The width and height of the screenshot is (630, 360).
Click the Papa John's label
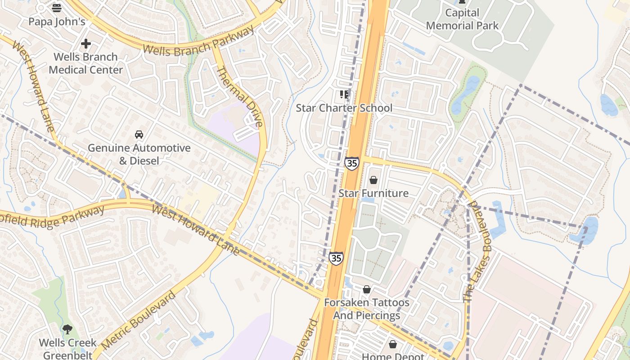click(57, 22)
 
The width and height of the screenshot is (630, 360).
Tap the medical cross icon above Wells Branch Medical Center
click(85, 44)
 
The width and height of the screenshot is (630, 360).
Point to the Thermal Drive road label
click(239, 97)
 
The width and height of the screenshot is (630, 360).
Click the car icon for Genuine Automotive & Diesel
click(139, 135)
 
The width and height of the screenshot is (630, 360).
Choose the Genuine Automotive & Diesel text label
click(139, 154)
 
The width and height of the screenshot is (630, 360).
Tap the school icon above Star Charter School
click(344, 94)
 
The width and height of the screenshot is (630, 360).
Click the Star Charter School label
click(344, 108)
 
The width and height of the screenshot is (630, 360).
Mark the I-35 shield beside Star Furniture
click(352, 163)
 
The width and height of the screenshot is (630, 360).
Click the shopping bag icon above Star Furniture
click(373, 180)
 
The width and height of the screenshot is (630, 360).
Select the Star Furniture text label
click(373, 193)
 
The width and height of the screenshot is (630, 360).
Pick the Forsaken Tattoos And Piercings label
click(367, 309)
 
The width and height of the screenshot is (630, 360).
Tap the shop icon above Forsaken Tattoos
click(367, 289)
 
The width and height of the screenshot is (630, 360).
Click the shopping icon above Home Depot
click(393, 345)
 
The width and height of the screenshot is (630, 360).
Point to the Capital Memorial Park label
click(462, 19)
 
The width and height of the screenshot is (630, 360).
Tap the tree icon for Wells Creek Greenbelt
click(67, 329)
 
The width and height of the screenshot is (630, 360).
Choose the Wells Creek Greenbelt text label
click(67, 349)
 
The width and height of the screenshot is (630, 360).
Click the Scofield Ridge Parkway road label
click(52, 217)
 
